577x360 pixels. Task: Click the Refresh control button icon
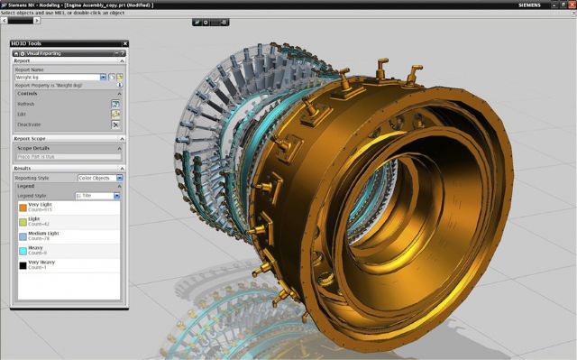click(x=115, y=104)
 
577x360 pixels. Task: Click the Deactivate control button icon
click(x=115, y=125)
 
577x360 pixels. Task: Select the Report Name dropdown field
click(x=60, y=78)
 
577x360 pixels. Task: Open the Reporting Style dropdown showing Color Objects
click(x=99, y=178)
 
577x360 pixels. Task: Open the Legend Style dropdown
click(x=96, y=195)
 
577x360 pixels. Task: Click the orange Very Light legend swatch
click(x=23, y=208)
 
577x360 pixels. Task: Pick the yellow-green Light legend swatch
click(x=23, y=222)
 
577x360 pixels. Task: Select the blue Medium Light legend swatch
click(x=23, y=236)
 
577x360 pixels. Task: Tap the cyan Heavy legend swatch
click(x=23, y=251)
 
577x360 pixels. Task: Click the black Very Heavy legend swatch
click(x=23, y=265)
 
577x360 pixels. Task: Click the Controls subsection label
click(x=27, y=94)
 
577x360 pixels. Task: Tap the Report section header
click(x=23, y=61)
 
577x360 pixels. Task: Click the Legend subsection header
click(x=27, y=187)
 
